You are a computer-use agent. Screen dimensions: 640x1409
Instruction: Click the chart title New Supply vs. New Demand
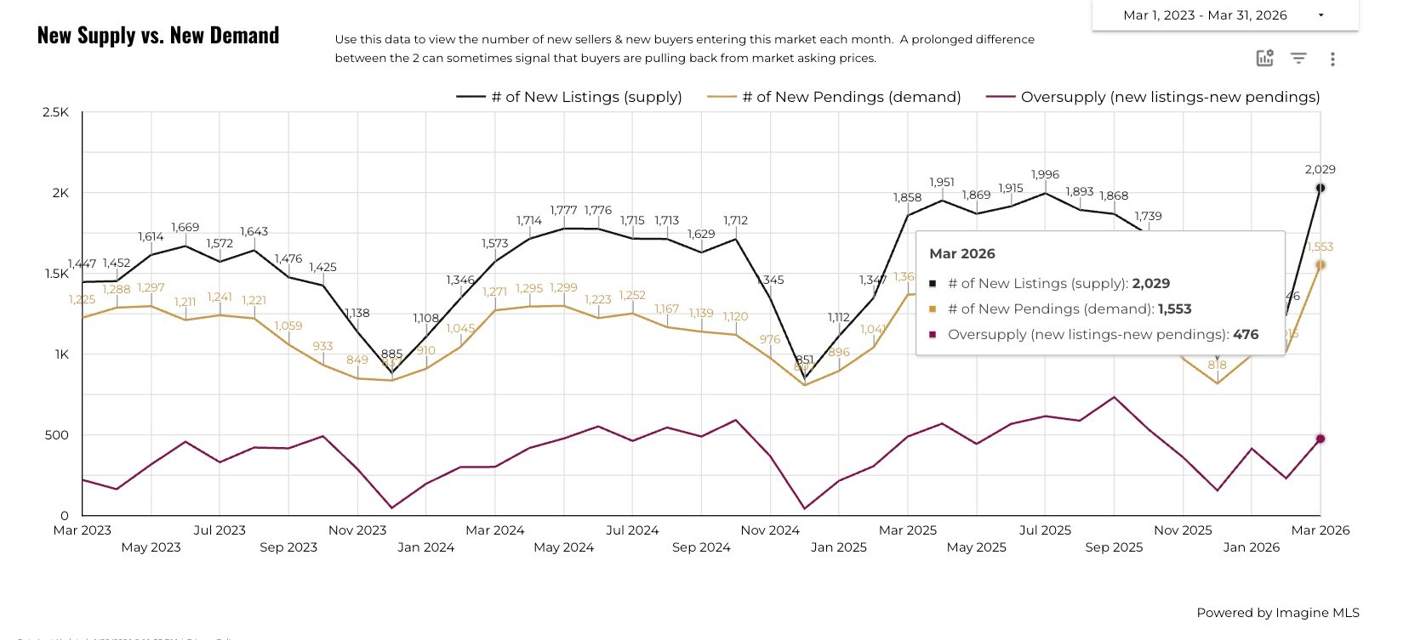pos(158,36)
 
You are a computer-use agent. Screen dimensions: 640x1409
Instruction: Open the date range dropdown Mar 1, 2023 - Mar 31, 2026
pos(1224,15)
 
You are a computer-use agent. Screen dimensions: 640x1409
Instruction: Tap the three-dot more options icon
pos(1332,59)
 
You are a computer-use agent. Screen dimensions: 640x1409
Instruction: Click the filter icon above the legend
pos(1298,58)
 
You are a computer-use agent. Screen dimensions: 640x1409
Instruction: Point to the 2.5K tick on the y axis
pos(56,112)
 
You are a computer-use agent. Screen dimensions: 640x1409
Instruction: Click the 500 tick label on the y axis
pos(56,435)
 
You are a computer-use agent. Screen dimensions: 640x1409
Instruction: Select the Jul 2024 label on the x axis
pos(632,530)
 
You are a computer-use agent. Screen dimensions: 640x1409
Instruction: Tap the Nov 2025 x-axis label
pos(1183,530)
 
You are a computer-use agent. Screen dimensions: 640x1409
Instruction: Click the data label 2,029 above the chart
pos(1320,169)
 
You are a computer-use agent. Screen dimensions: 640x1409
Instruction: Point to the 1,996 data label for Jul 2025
pos(1045,174)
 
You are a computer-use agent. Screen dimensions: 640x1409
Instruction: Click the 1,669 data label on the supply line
pos(185,227)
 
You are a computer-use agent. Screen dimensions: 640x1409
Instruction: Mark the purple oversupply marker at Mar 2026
pos(1321,439)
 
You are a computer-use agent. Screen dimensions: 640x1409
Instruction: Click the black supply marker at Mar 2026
pos(1321,188)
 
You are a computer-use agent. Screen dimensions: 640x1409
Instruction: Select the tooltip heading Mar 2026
pos(962,253)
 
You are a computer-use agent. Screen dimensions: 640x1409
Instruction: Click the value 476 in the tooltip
pos(1246,334)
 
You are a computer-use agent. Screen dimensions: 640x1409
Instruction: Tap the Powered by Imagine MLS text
pos(1277,613)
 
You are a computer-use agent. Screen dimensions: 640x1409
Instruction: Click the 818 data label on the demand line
pos(1217,365)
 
